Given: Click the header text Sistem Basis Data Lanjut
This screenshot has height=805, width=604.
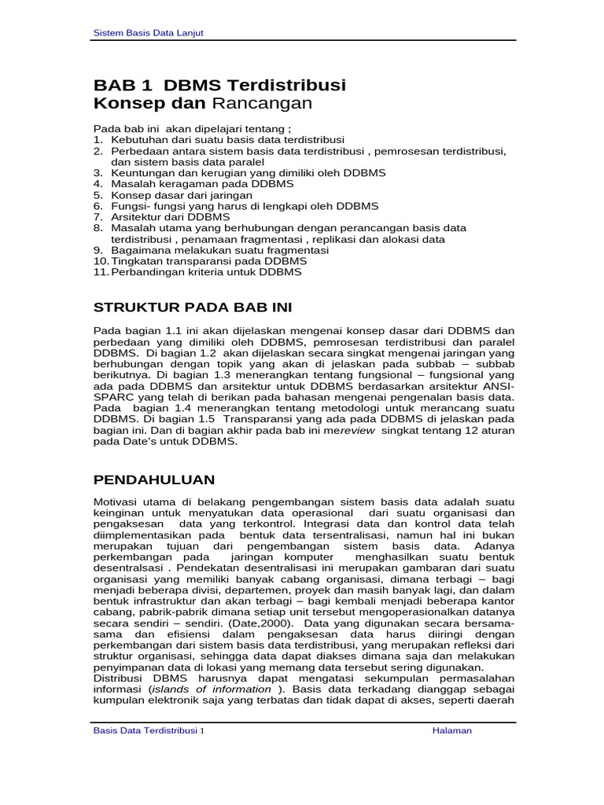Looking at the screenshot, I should coord(149,32).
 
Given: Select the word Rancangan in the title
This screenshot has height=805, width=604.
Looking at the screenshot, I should coord(263,103).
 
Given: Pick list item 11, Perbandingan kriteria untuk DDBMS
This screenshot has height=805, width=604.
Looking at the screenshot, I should coord(206,272).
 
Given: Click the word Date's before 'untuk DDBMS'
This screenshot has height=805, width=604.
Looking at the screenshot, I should coord(144,442).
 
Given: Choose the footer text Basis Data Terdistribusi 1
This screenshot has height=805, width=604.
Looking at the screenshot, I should coord(149,730).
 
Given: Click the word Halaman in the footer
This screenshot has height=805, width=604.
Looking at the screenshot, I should coord(452,730).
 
